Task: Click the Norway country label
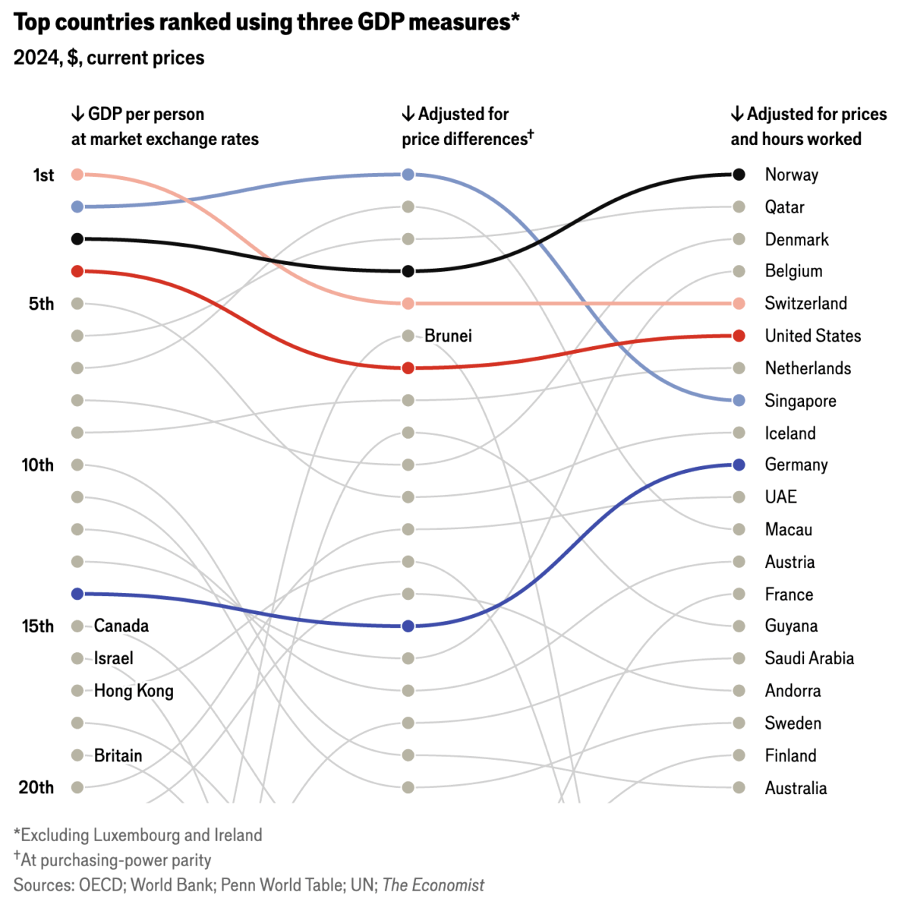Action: pyautogui.click(x=791, y=175)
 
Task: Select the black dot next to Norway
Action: pyautogui.click(x=739, y=175)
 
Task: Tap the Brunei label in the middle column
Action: pyautogui.click(x=448, y=336)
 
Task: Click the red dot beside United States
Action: pyautogui.click(x=739, y=336)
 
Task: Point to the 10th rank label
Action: pyautogui.click(x=38, y=465)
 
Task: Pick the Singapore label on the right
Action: pyautogui.click(x=800, y=401)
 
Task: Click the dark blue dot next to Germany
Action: pyautogui.click(x=739, y=465)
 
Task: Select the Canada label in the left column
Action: pyautogui.click(x=121, y=626)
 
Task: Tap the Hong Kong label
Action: pyautogui.click(x=134, y=691)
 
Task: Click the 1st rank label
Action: pyautogui.click(x=43, y=175)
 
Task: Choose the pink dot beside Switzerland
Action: pyautogui.click(x=739, y=304)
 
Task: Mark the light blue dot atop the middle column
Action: pyautogui.click(x=408, y=175)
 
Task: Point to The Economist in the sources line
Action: pyautogui.click(x=433, y=884)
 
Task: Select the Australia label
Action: pyautogui.click(x=796, y=788)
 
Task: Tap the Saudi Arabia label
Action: pyautogui.click(x=809, y=658)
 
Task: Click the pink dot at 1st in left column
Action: pyautogui.click(x=77, y=175)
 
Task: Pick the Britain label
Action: pyautogui.click(x=118, y=755)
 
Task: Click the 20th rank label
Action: pyautogui.click(x=36, y=787)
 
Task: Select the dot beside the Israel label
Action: pyautogui.click(x=77, y=658)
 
